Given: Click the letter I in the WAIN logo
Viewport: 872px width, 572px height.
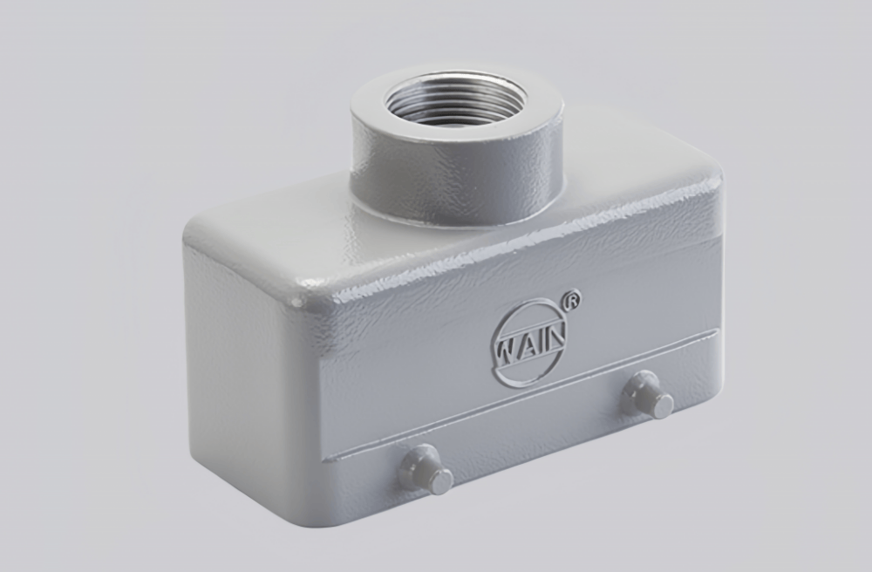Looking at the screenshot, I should (542, 337).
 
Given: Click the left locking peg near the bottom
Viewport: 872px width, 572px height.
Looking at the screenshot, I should (425, 468).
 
